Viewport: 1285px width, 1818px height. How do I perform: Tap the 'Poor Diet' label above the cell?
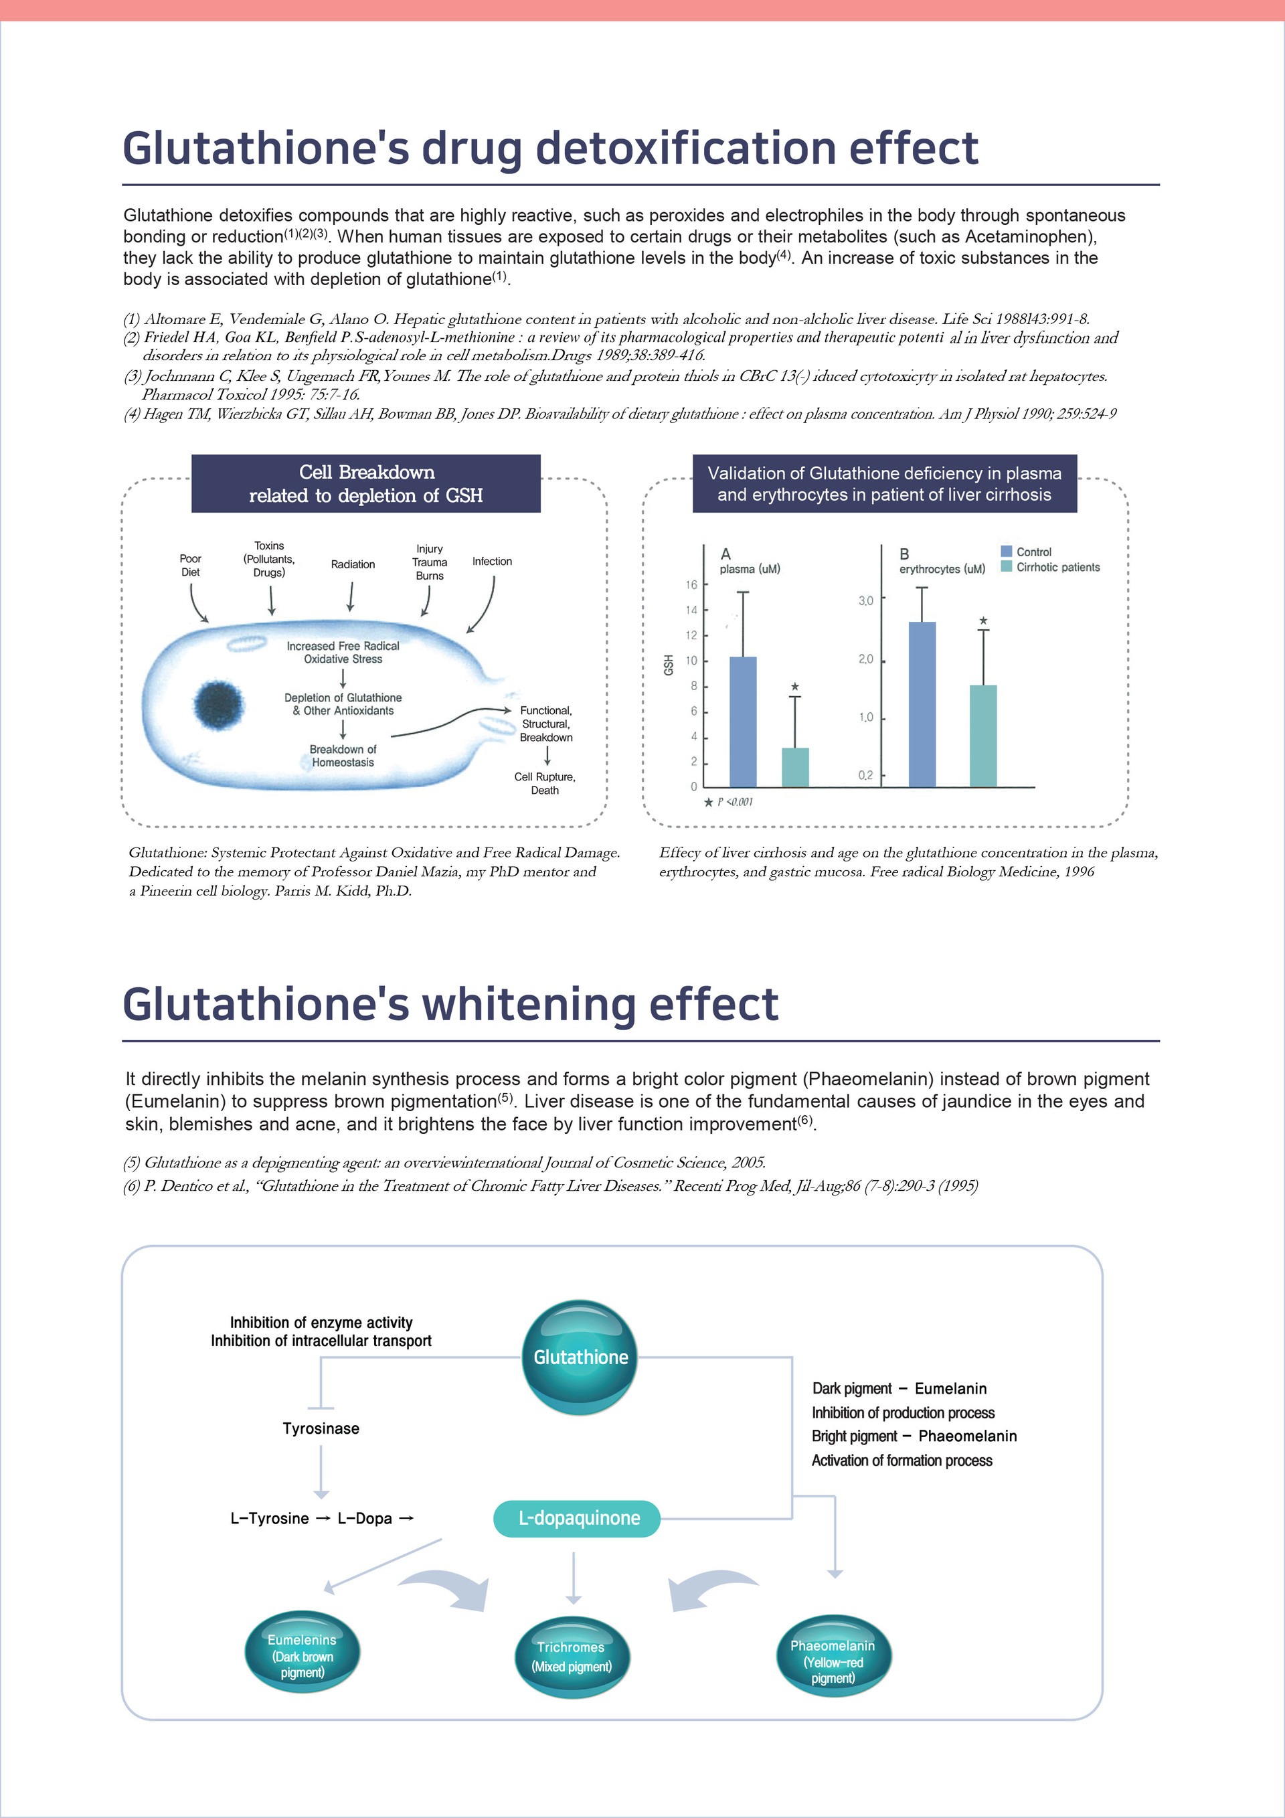(x=190, y=566)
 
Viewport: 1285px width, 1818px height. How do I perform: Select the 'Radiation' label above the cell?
(x=353, y=564)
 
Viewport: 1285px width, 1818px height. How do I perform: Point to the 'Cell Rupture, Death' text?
(x=545, y=783)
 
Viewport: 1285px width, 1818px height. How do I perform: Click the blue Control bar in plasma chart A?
(x=743, y=722)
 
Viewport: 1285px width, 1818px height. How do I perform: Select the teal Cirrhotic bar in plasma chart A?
(x=795, y=766)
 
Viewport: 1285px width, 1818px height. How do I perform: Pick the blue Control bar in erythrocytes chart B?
(x=922, y=704)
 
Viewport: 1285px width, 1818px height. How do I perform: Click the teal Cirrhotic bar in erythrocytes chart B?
(x=983, y=736)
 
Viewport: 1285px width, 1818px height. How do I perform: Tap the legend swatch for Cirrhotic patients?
(x=1007, y=566)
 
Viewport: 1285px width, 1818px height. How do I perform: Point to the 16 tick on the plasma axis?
(x=691, y=585)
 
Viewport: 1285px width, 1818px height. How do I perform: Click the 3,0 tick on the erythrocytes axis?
(x=866, y=601)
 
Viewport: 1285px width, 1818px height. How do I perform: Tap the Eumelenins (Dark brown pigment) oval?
(x=302, y=1656)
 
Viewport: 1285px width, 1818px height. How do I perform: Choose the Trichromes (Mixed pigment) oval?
(x=571, y=1656)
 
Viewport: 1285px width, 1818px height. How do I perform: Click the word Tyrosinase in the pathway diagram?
(x=321, y=1428)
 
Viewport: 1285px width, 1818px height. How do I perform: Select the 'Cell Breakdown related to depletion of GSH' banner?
(x=366, y=484)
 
